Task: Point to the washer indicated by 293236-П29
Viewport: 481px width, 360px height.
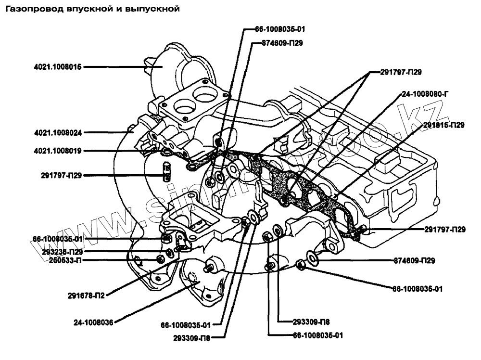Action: click(x=169, y=252)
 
